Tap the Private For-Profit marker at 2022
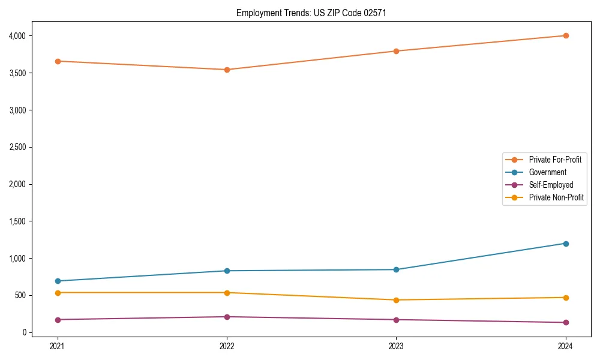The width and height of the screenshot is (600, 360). [x=227, y=70]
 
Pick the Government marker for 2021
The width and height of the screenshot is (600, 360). [x=58, y=281]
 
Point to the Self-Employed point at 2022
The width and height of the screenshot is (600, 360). [x=227, y=317]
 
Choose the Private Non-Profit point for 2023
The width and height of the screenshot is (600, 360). [x=396, y=300]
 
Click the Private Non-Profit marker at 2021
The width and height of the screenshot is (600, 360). [x=58, y=293]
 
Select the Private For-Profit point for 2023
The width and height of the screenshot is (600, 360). [x=396, y=51]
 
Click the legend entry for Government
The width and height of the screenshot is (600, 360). [x=547, y=172]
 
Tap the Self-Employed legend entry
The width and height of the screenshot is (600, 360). [x=551, y=185]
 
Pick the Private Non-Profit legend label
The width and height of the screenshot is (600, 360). [x=556, y=197]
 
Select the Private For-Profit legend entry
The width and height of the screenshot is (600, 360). [x=555, y=160]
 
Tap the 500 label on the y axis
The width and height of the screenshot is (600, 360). [x=22, y=295]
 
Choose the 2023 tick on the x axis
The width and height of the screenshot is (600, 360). [x=396, y=346]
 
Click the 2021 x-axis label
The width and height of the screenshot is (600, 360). [x=58, y=346]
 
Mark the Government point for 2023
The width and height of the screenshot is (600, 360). [x=396, y=269]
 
